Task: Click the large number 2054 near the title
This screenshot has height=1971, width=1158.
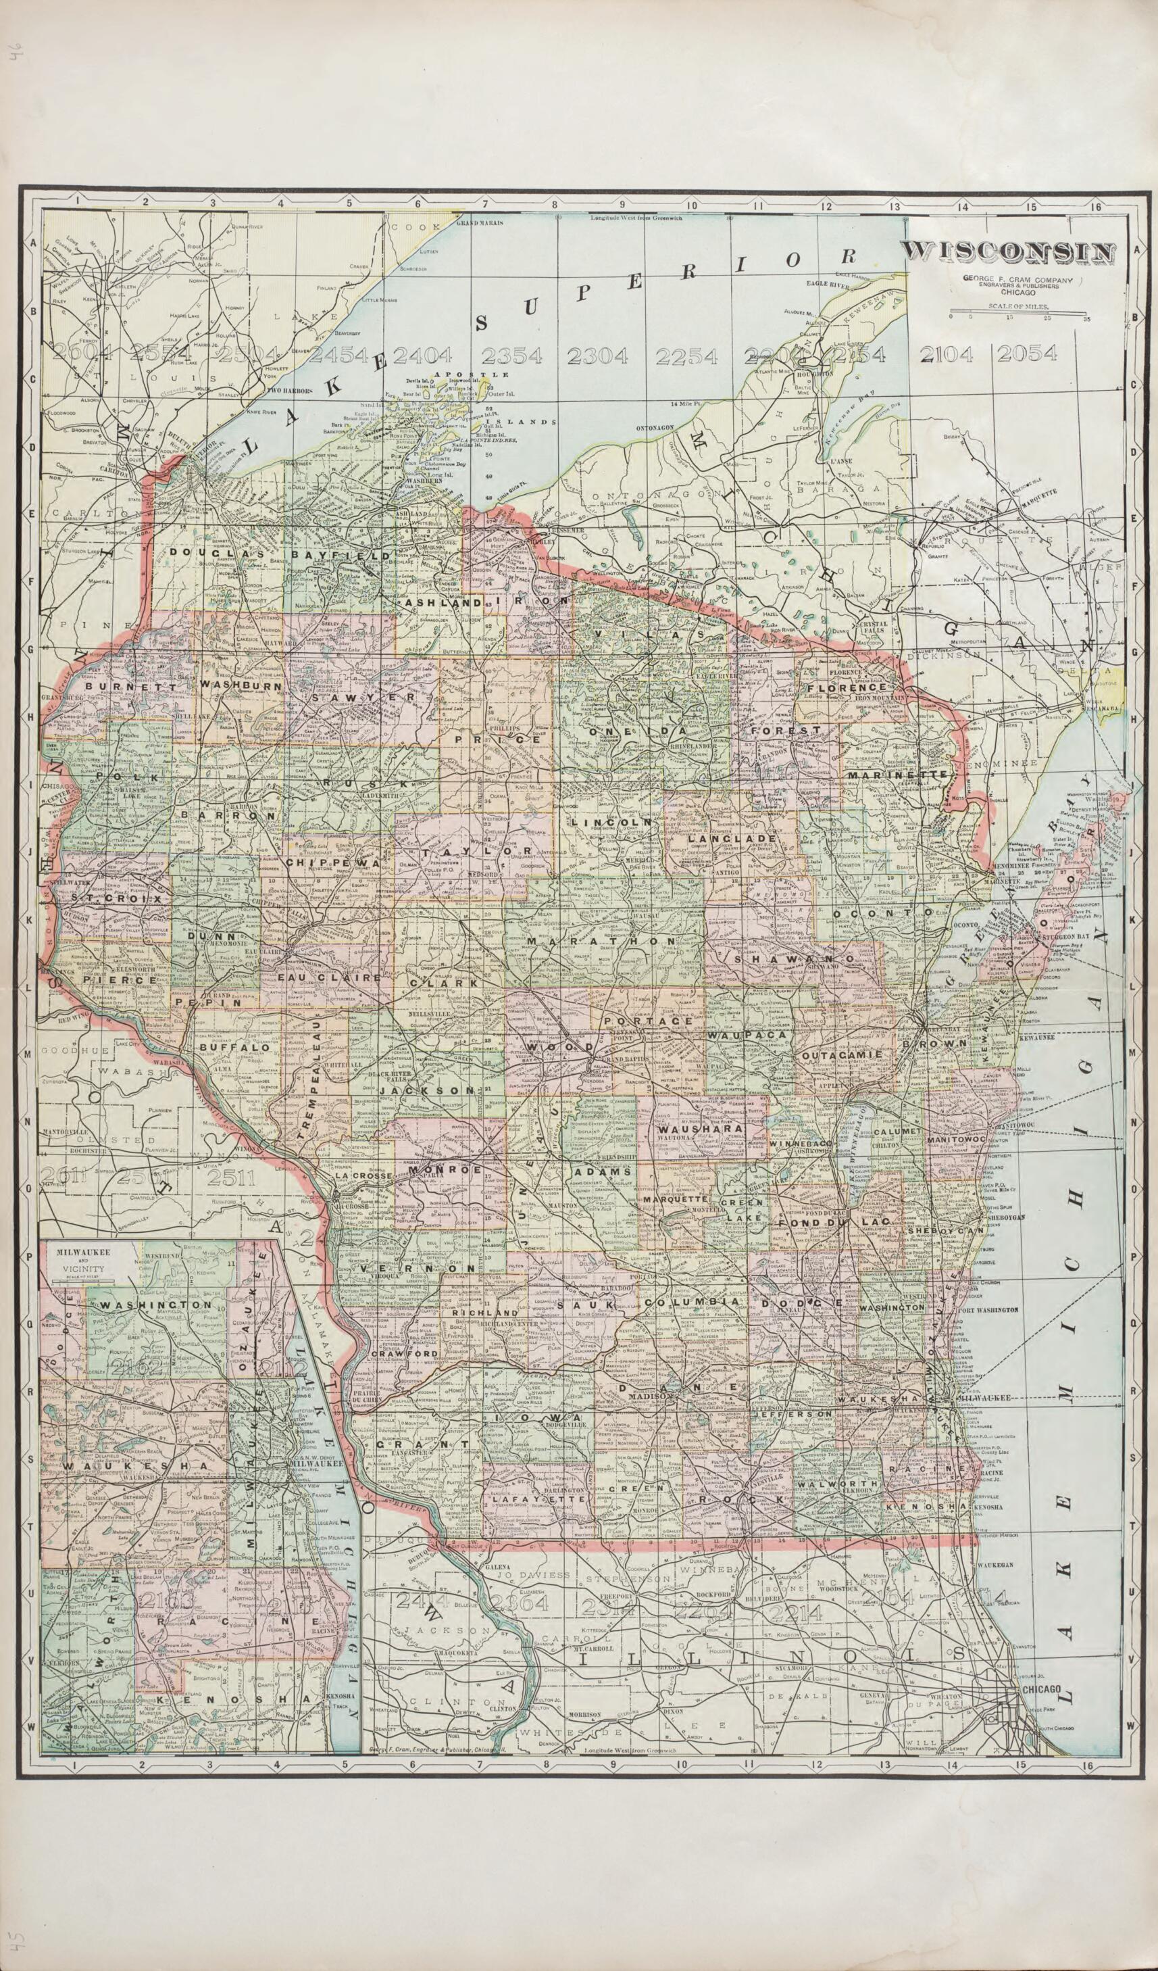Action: coord(1026,354)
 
